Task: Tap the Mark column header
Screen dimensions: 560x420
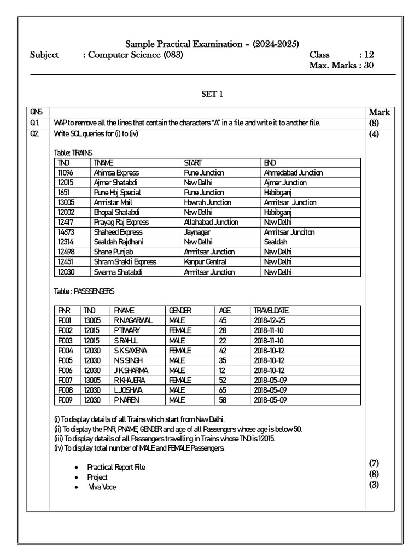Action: click(379, 113)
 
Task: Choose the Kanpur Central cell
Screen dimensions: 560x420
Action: click(205, 262)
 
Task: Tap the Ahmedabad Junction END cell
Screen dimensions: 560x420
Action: click(293, 173)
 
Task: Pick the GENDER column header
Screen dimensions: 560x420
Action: click(179, 311)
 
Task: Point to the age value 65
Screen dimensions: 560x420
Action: click(223, 390)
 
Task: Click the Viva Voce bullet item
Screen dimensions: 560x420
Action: click(102, 487)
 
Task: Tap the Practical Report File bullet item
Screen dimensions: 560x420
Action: click(116, 467)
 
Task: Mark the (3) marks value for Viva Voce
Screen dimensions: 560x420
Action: click(374, 485)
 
